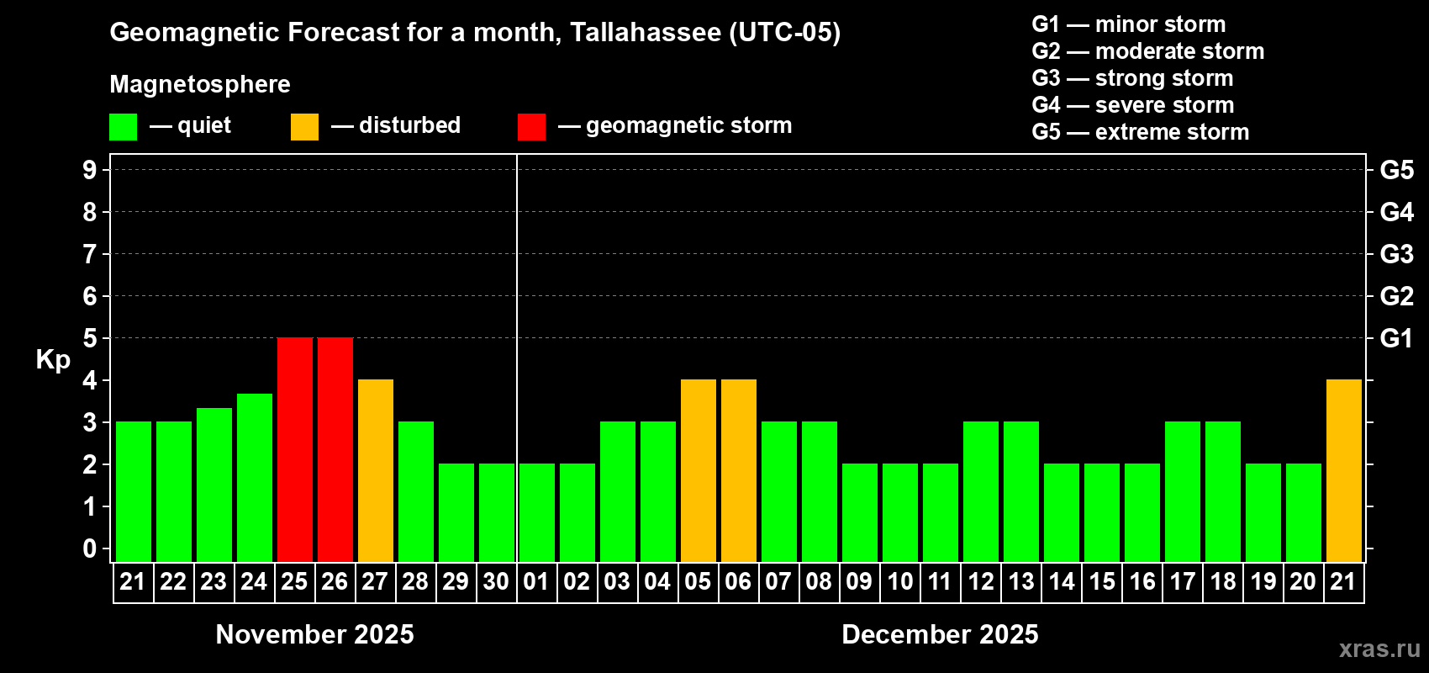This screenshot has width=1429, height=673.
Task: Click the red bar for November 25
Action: coord(295,449)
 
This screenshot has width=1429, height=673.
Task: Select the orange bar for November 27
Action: coord(376,470)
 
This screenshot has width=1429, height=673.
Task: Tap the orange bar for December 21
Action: coord(1344,470)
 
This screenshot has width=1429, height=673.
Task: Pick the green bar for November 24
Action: coord(255,477)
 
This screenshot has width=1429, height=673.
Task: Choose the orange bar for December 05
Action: coord(699,470)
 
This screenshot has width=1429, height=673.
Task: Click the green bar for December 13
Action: coord(1021,491)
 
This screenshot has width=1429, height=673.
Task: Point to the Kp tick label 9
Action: coord(90,170)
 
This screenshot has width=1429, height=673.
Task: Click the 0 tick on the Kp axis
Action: coord(90,548)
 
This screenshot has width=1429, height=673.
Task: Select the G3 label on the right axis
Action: coord(1396,254)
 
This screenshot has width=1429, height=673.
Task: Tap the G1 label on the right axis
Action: coord(1396,338)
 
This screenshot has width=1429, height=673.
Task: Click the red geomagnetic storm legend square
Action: coord(531,127)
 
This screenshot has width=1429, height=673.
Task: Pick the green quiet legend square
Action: coord(124,127)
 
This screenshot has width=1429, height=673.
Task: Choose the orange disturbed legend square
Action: coord(304,127)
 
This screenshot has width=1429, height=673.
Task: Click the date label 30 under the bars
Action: coord(496,581)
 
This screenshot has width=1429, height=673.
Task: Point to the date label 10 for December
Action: coord(899,581)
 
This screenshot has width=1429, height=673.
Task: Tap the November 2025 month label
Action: coord(314,634)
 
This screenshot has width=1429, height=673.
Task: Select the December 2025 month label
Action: coord(940,634)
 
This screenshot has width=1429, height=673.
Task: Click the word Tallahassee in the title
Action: coord(645,33)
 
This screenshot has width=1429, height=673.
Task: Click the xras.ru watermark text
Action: coord(1379,649)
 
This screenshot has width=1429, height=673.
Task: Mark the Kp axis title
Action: coord(53,359)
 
